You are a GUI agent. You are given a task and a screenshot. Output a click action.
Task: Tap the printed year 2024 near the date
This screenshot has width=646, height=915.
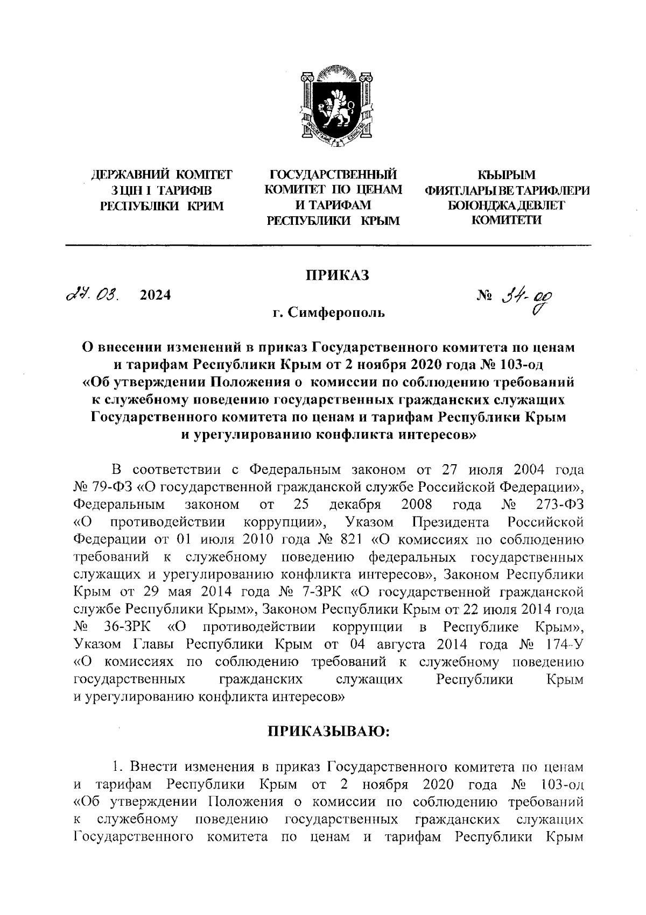tap(155, 295)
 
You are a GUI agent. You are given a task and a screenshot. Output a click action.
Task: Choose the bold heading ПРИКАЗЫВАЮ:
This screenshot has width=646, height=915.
tap(328, 732)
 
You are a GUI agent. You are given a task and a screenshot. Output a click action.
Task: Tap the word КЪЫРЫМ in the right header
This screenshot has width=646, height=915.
tap(507, 175)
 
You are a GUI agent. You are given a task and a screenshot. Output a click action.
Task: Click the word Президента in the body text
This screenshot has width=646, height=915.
tap(450, 522)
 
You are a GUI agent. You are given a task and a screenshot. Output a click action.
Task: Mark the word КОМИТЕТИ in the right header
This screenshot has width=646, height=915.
tap(507, 220)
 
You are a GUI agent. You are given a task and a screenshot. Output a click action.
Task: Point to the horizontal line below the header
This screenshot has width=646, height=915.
tap(328, 246)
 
